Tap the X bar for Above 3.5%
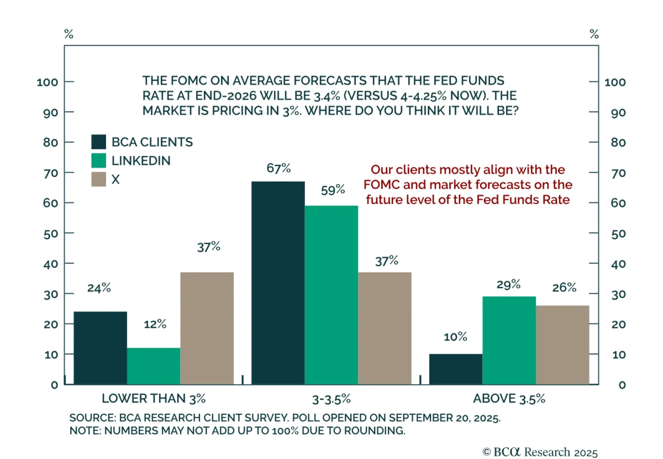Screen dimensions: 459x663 pyautogui.click(x=562, y=345)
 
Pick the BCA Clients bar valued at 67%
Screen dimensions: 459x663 pyautogui.click(x=278, y=282)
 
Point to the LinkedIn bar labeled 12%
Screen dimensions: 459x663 pyautogui.click(x=153, y=366)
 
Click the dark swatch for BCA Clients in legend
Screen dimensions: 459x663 pyautogui.click(x=99, y=142)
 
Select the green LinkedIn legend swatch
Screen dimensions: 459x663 pyautogui.click(x=99, y=160)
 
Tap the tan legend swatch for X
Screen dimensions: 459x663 pyautogui.click(x=99, y=179)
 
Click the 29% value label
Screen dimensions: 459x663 pyautogui.click(x=508, y=284)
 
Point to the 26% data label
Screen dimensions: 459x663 pyautogui.click(x=564, y=287)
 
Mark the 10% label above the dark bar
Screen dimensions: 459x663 pyautogui.click(x=455, y=337)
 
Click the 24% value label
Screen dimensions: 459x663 pyautogui.click(x=99, y=288)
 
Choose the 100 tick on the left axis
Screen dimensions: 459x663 pyautogui.click(x=47, y=82)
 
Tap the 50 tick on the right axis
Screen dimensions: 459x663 pyautogui.click(x=618, y=234)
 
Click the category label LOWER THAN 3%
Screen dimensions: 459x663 pyautogui.click(x=154, y=398)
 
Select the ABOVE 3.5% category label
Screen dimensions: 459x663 pyautogui.click(x=509, y=398)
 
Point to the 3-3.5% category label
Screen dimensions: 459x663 pyautogui.click(x=331, y=399)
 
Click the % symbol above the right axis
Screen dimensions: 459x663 pyautogui.click(x=594, y=34)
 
